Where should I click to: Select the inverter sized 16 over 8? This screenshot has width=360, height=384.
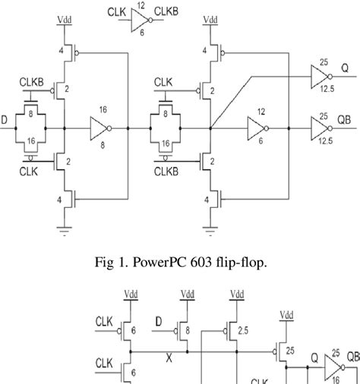pos(101,128)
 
